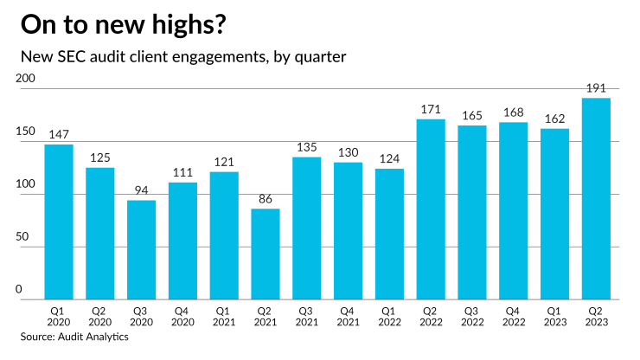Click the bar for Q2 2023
tap(596, 199)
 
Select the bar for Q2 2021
tap(266, 254)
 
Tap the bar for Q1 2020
tap(59, 222)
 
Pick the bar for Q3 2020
tap(141, 250)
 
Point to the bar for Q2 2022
tap(431, 209)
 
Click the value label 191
tap(596, 88)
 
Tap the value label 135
tap(306, 147)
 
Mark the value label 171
tap(431, 109)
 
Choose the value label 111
tap(182, 172)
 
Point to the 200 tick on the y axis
tap(26, 80)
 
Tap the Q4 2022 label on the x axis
tap(514, 316)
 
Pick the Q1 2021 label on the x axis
tap(224, 316)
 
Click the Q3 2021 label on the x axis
tap(306, 316)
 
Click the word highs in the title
tap(182, 25)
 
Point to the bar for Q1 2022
tap(389, 235)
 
